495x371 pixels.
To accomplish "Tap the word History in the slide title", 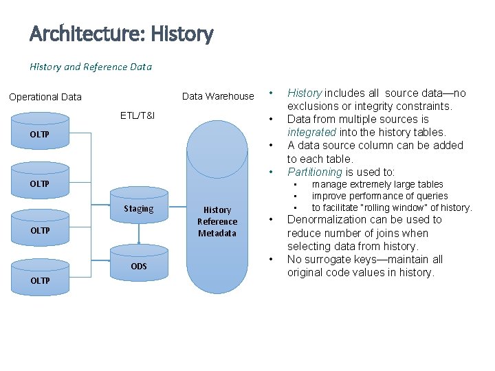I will click(181, 33).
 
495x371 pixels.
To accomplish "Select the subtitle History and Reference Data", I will click(91, 67).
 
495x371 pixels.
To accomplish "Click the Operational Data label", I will click(45, 97).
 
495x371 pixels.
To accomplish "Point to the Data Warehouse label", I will click(218, 96).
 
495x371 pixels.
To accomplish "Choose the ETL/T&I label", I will click(137, 115).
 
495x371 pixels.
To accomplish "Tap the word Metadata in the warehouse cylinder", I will click(217, 234).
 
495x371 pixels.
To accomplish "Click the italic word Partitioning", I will click(315, 172).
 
